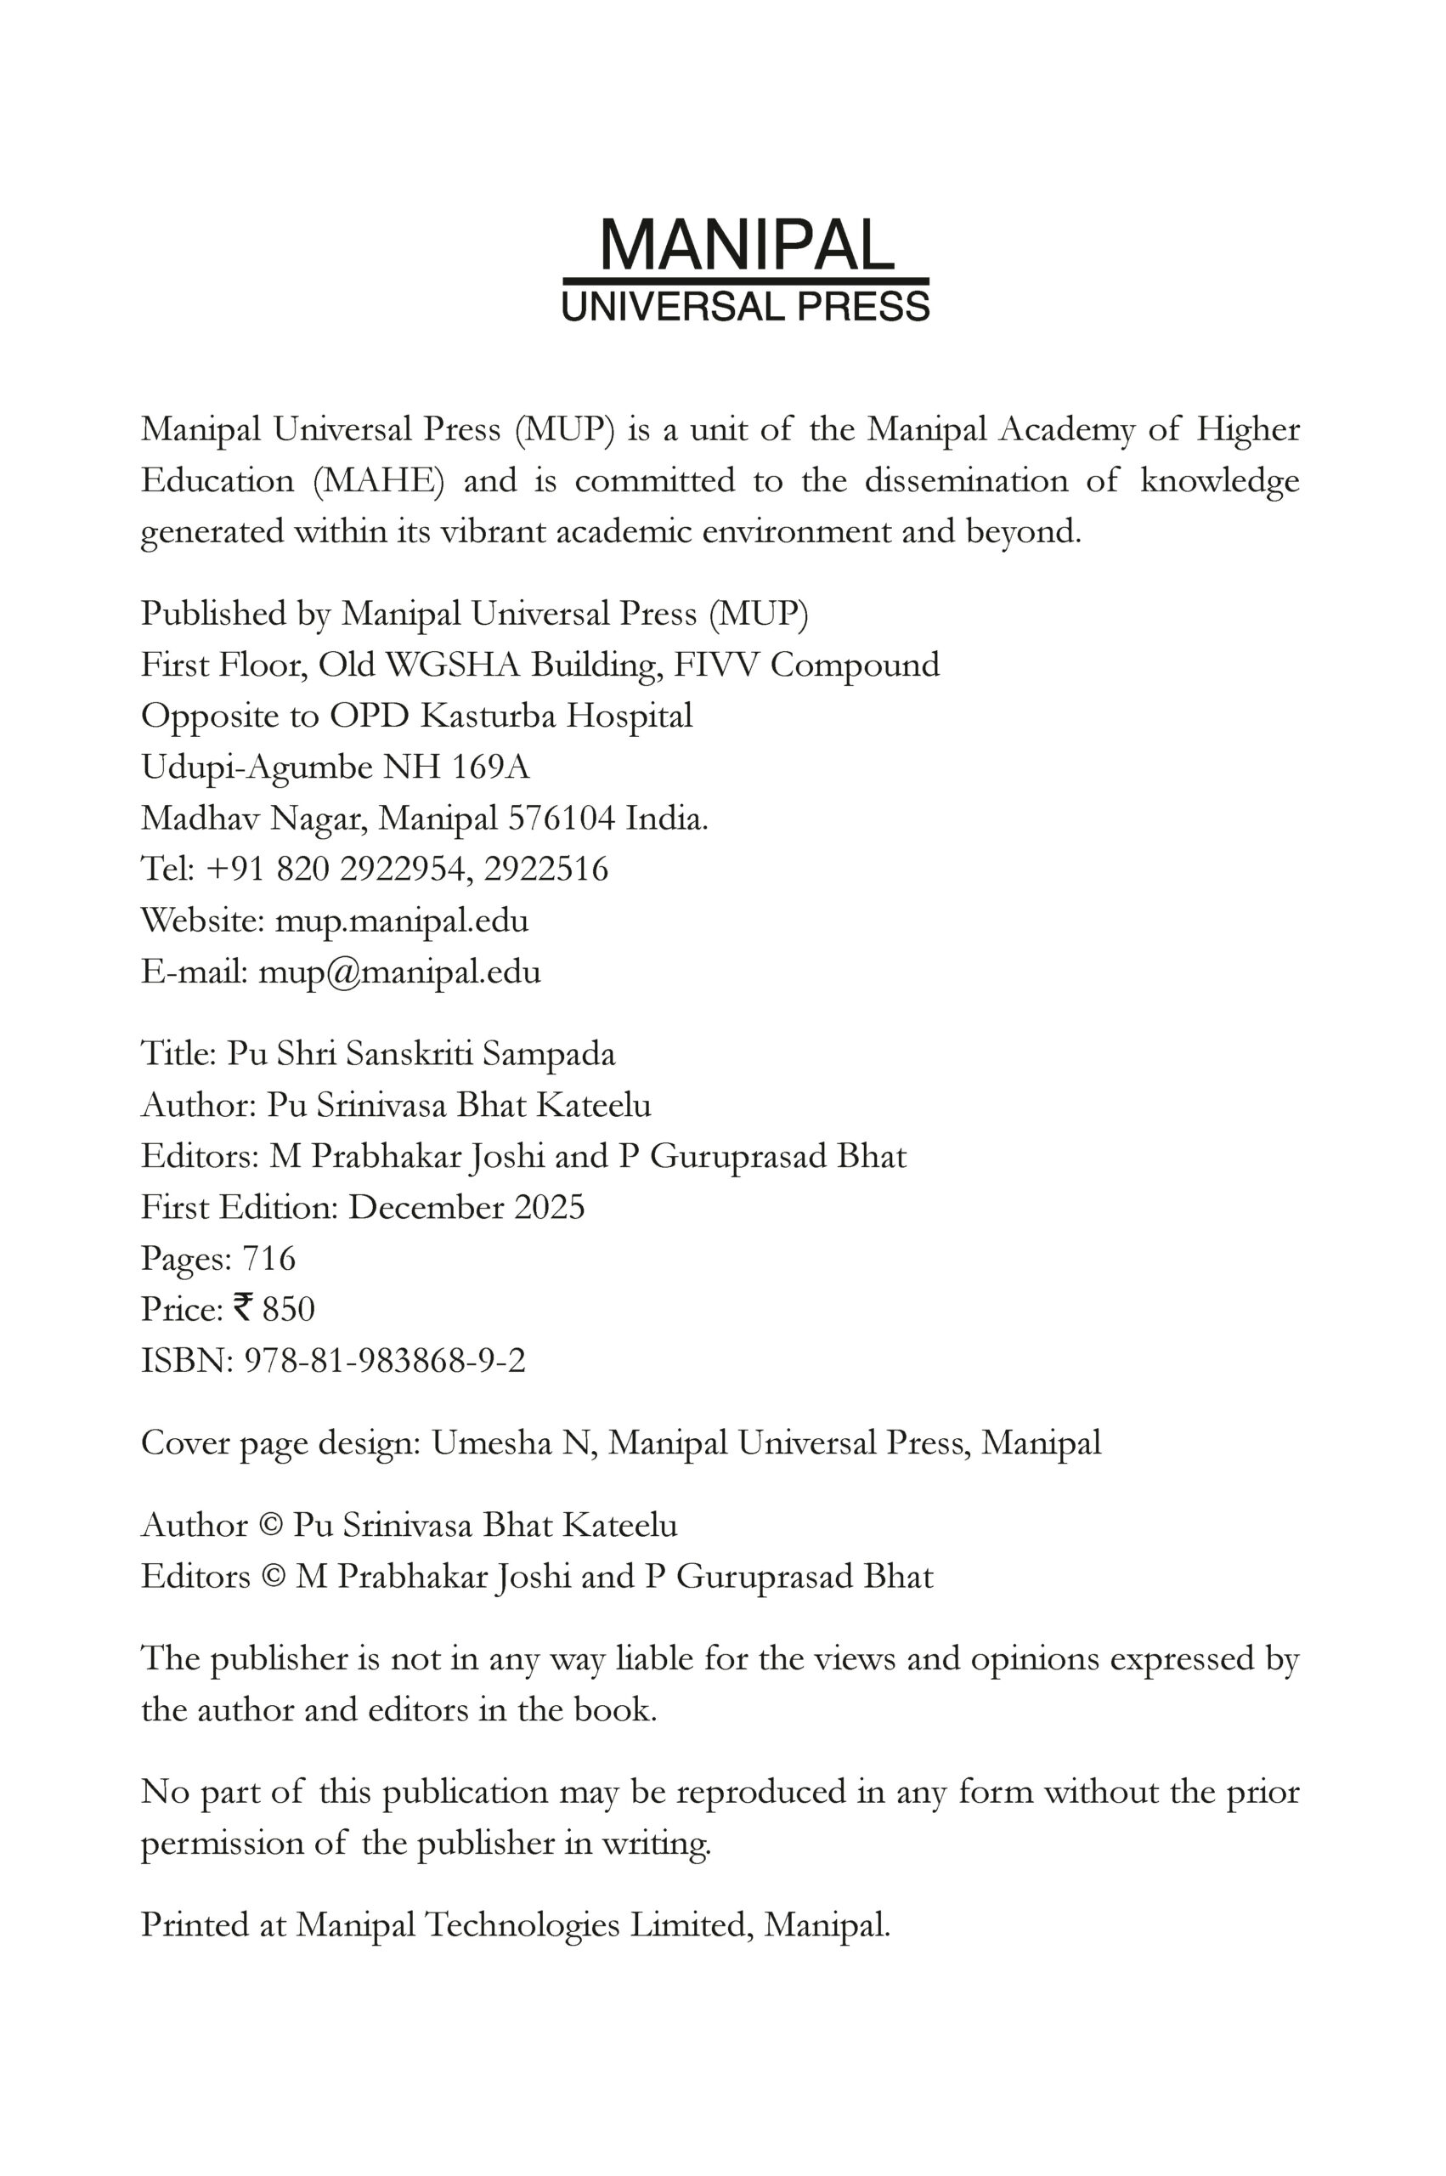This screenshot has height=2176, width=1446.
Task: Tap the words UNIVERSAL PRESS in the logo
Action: point(746,307)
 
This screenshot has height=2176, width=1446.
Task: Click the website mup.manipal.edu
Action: point(402,921)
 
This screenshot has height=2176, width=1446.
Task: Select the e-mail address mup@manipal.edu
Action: point(399,972)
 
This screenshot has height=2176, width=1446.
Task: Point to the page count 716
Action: point(268,1258)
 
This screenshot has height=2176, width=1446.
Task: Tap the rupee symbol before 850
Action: point(244,1308)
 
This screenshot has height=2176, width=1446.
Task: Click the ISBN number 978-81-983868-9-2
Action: point(385,1361)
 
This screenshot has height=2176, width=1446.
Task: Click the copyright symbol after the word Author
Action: point(270,1526)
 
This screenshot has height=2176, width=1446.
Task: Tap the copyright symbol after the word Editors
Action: point(273,1577)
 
